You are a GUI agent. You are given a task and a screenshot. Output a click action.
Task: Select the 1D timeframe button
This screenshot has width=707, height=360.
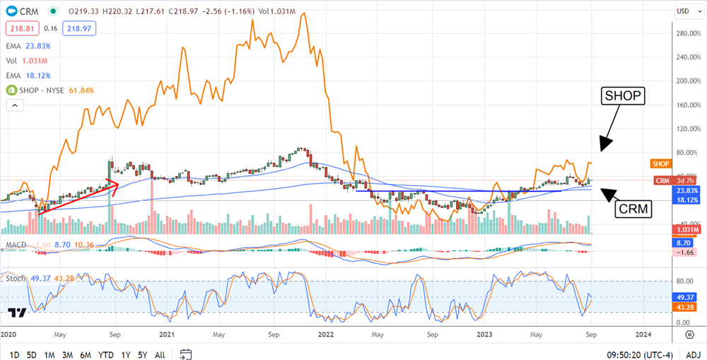click(x=14, y=354)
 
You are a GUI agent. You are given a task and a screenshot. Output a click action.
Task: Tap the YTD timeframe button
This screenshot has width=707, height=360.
click(x=106, y=354)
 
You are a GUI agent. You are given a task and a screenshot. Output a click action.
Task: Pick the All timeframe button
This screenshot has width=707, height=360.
click(x=160, y=354)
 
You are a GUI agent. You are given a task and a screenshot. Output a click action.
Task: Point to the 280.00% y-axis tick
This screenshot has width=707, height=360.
click(x=688, y=33)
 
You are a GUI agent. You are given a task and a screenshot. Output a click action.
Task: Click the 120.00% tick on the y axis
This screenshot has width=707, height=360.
click(x=688, y=129)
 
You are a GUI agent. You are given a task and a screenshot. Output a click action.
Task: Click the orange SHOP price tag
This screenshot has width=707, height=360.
click(x=660, y=163)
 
